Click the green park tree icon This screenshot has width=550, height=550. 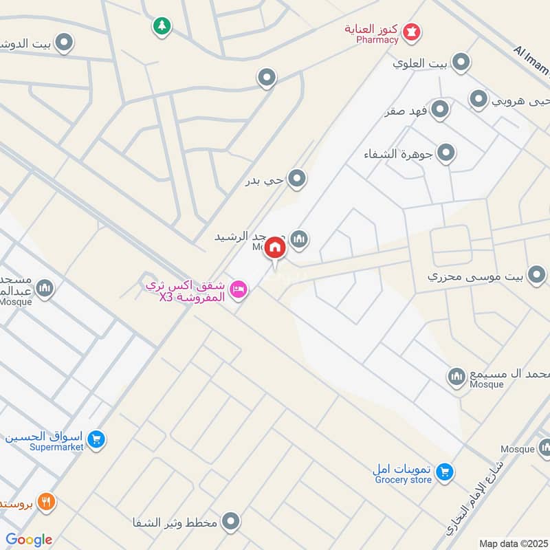[x=162, y=26]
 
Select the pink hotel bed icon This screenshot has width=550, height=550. [x=239, y=289]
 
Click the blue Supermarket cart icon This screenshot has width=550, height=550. [x=96, y=438]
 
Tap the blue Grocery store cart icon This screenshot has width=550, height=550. [x=445, y=471]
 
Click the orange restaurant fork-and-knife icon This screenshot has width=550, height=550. [x=46, y=501]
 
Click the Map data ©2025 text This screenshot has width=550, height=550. [x=512, y=543]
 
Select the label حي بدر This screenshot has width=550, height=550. [x=265, y=181]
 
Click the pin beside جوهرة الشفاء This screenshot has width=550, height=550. [x=446, y=153]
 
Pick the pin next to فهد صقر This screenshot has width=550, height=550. [x=440, y=109]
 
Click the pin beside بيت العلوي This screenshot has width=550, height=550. [x=461, y=63]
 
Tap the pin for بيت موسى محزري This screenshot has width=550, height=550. [x=537, y=276]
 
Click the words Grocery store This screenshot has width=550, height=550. [x=403, y=480]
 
